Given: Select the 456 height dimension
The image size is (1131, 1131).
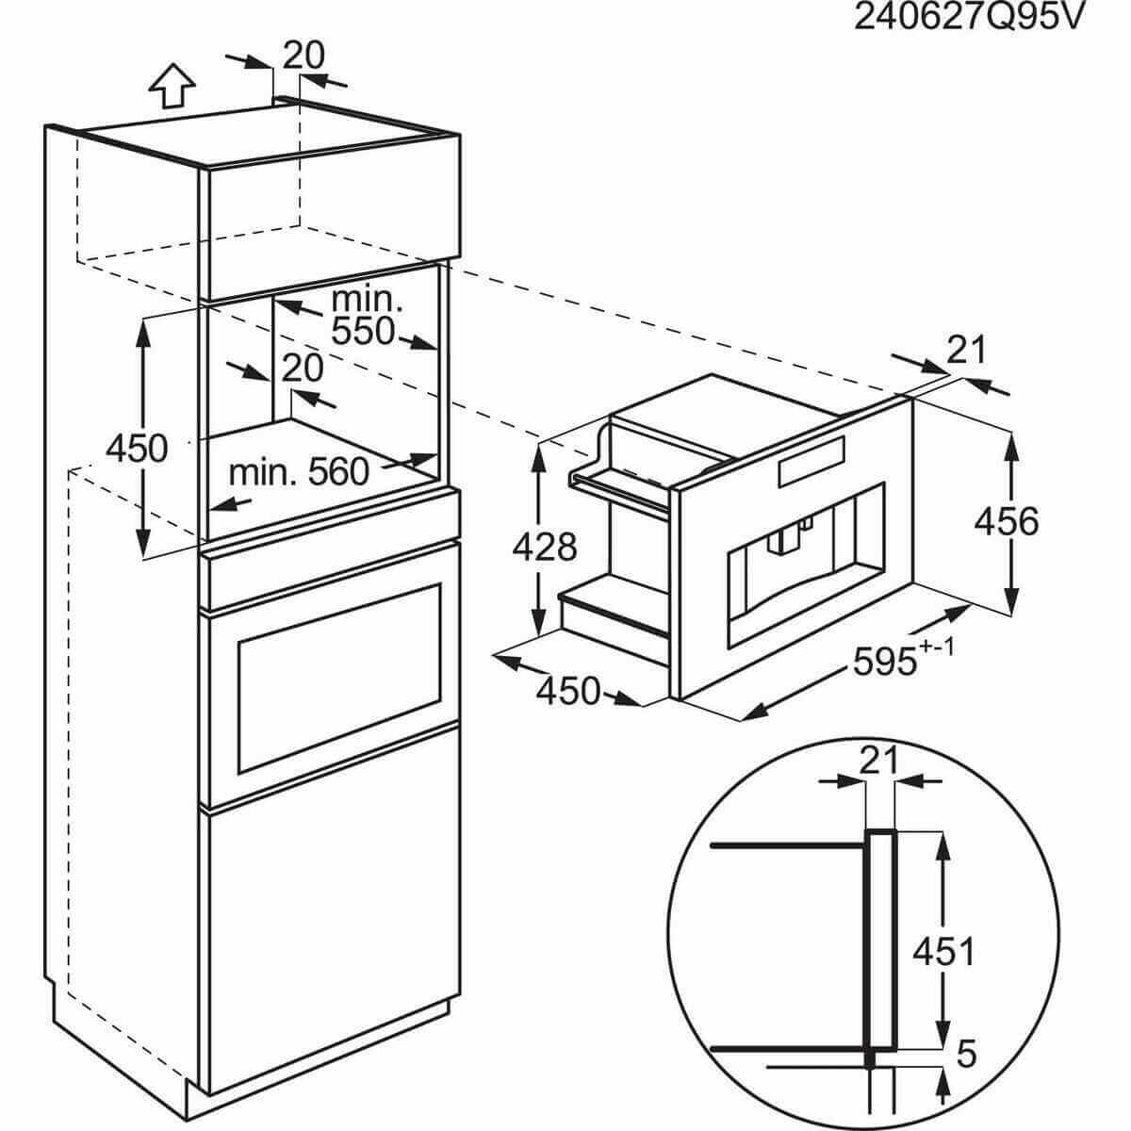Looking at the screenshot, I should point(1006,521).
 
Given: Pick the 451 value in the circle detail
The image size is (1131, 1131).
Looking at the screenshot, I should point(942,952).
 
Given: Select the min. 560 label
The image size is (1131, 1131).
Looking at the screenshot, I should point(299,470).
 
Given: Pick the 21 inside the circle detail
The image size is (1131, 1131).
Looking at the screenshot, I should point(879,760).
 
